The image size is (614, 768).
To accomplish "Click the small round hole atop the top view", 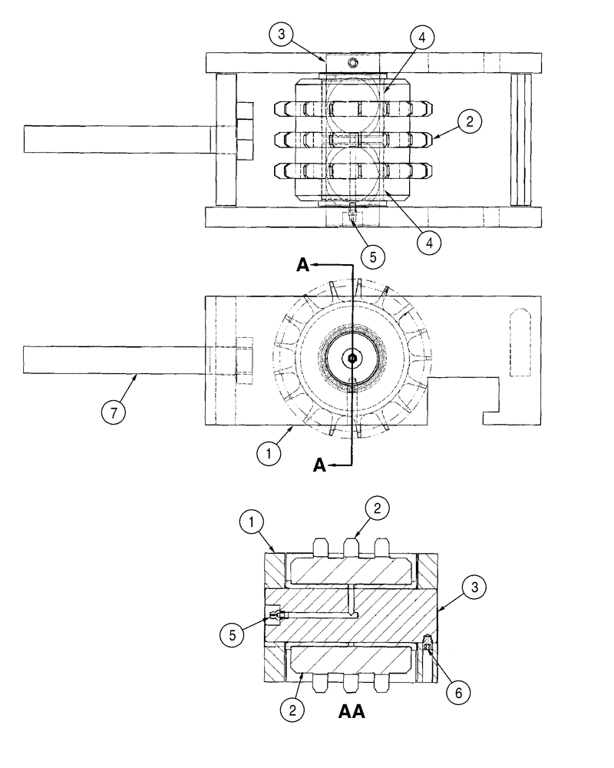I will click(352, 62).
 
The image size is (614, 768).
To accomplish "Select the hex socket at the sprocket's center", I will click(352, 357).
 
